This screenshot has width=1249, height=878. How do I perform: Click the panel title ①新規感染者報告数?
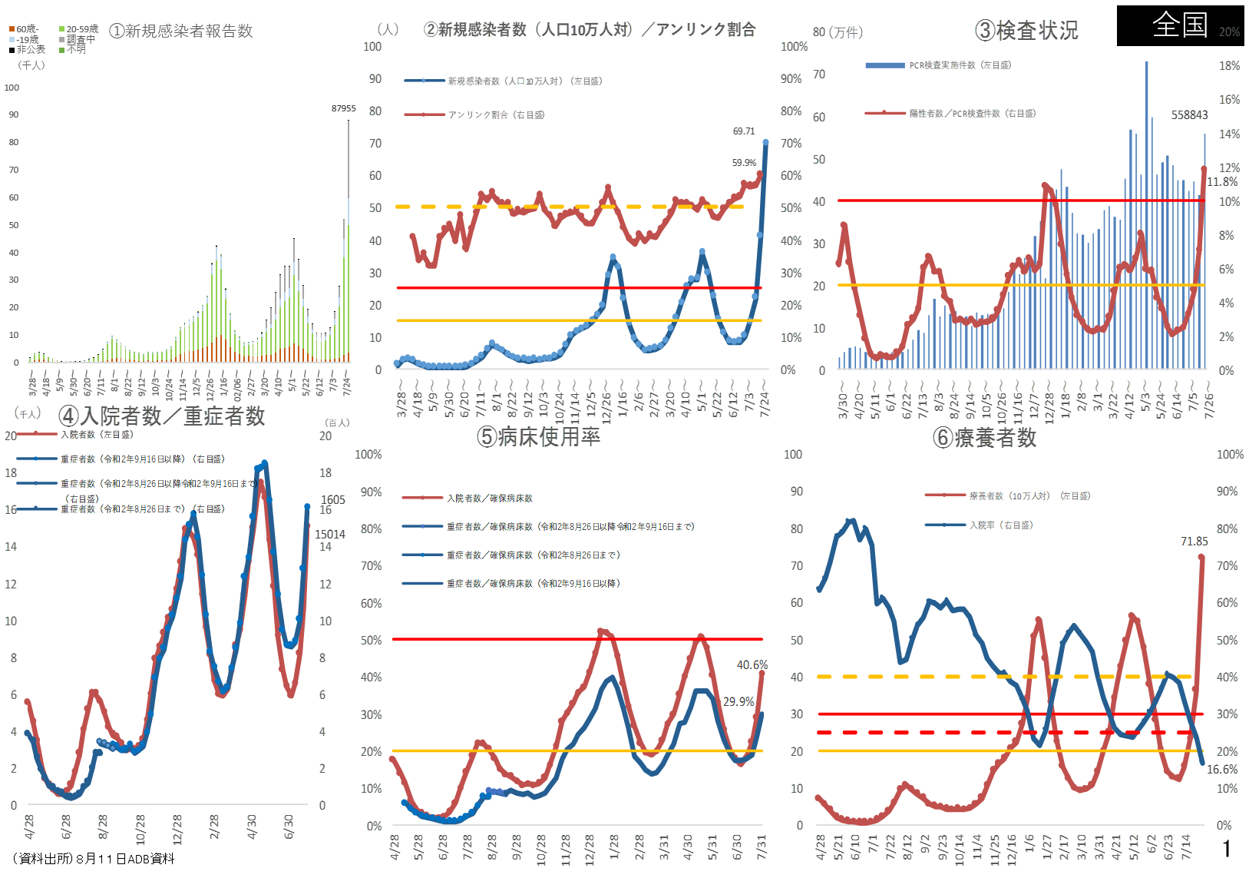pos(181,31)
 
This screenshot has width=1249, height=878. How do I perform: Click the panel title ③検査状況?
pos(1026,31)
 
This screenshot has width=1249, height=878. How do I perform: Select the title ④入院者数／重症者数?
pos(162,416)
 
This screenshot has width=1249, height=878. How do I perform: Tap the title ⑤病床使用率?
pos(539,436)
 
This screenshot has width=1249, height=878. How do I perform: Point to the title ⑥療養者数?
pos(985,437)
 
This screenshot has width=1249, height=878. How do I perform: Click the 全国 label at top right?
pos(1180,25)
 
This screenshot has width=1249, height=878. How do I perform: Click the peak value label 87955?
pos(343,108)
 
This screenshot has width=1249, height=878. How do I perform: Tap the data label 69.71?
pos(744,131)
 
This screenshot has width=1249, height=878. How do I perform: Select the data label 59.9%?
pos(744,163)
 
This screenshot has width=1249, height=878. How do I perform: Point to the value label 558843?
pos(1189,115)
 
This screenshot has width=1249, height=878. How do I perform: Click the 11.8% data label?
pos(1222,182)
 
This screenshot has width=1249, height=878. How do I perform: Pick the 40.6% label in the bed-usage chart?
pos(752,665)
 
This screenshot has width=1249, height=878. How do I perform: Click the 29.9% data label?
pos(738,701)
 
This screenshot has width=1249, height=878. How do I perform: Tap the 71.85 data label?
pos(1194,542)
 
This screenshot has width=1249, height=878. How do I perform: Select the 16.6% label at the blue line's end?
pos(1222,769)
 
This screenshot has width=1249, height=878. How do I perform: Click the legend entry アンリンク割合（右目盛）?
pos(496,115)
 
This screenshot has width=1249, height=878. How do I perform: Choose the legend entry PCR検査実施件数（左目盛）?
pos(960,65)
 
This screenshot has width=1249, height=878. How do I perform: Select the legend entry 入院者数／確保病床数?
pos(490,499)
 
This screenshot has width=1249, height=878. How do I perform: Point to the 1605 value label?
pos(333,499)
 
